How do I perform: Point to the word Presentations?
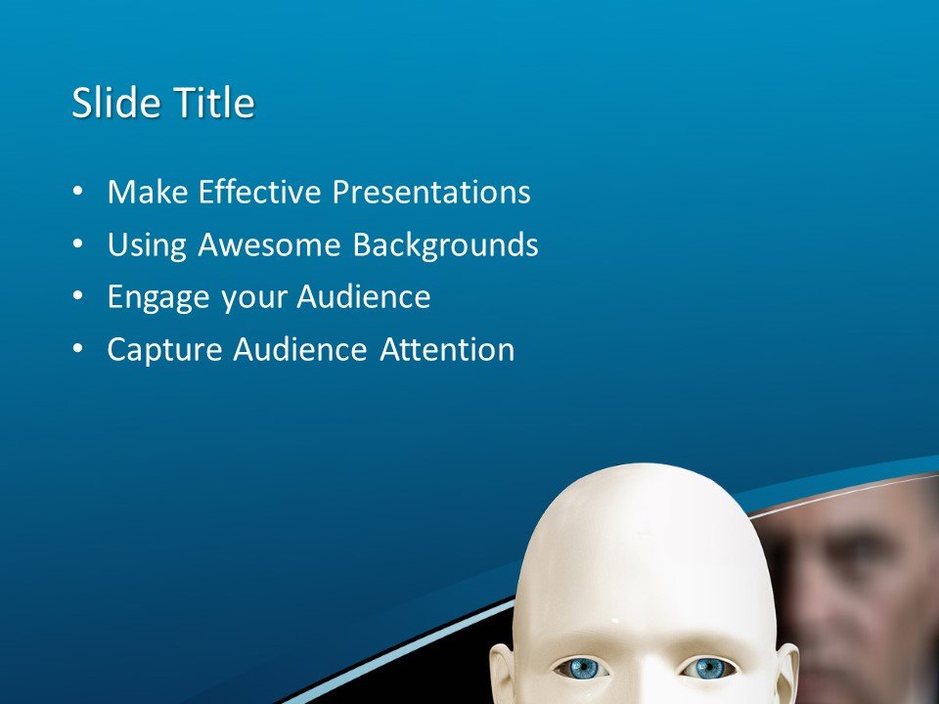tap(431, 192)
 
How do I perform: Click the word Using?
tap(148, 244)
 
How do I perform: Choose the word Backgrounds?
tap(445, 244)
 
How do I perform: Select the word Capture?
tap(164, 350)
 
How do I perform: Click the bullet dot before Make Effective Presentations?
tap(78, 192)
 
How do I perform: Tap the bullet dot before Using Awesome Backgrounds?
tap(78, 244)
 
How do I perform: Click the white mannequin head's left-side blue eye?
tap(582, 668)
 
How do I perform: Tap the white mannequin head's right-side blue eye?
tap(709, 668)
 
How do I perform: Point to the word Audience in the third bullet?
tap(364, 297)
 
